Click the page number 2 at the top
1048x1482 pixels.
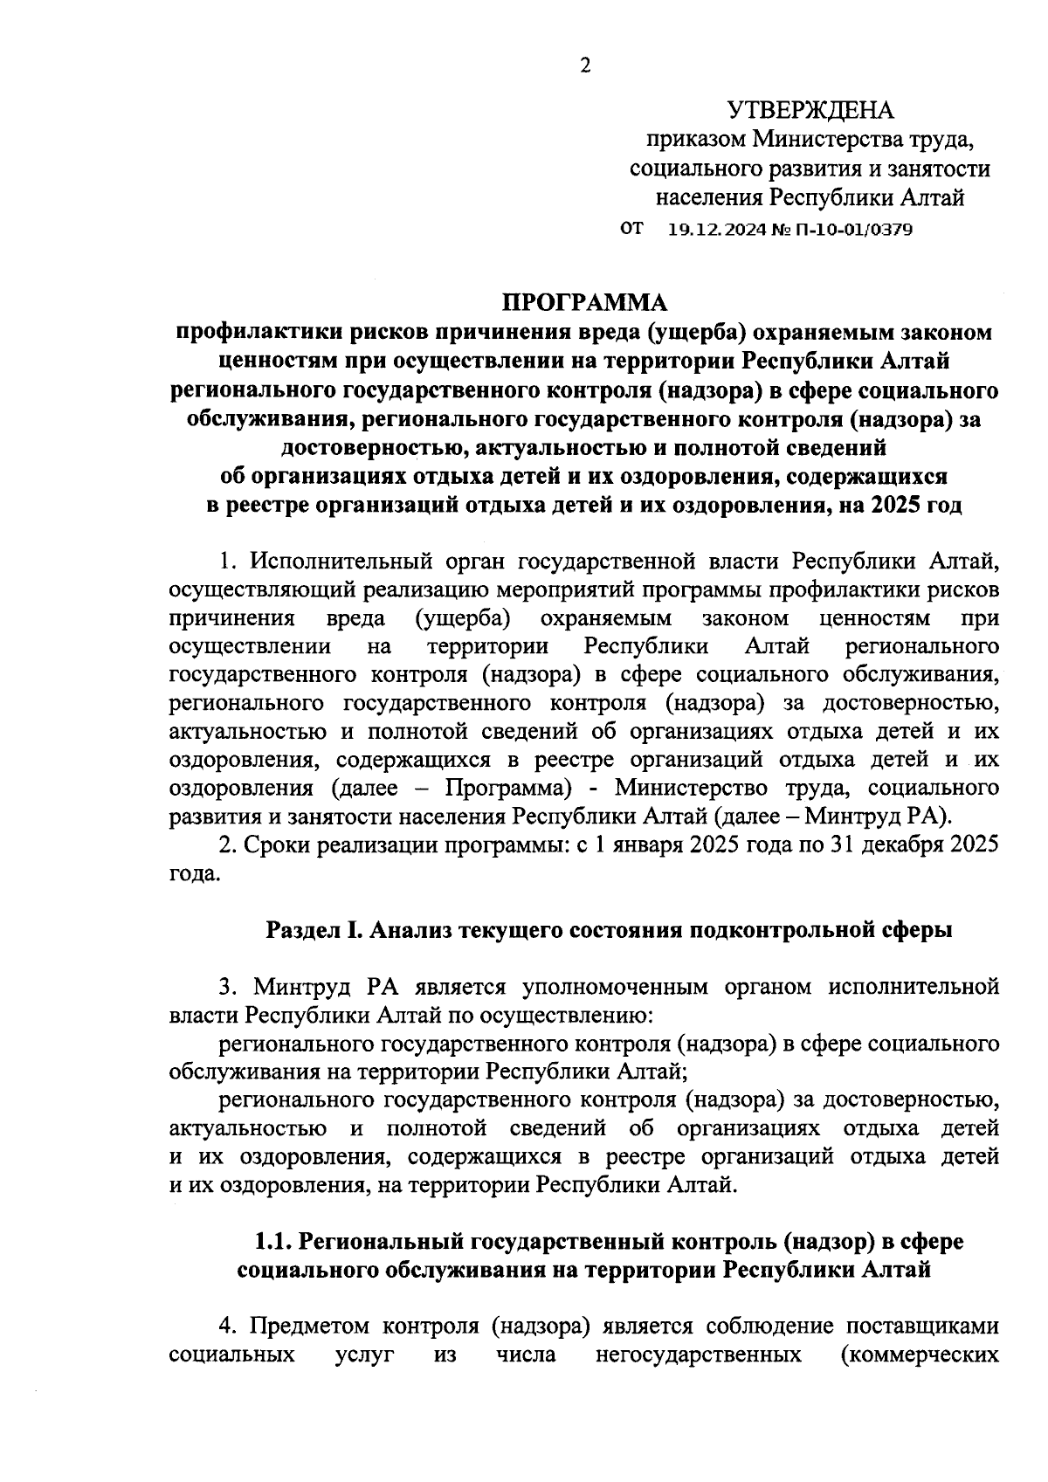584,65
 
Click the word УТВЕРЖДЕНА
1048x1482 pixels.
810,111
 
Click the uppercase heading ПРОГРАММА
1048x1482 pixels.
584,302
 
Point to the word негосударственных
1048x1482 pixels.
699,1354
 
